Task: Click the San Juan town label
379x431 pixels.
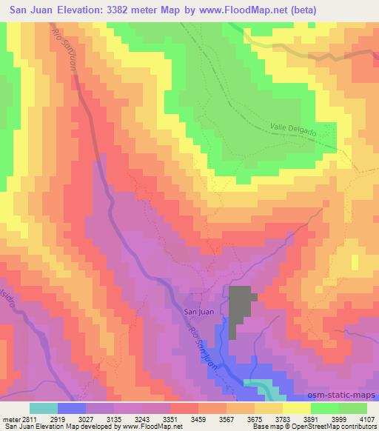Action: coord(198,312)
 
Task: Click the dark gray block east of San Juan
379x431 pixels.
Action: coord(241,311)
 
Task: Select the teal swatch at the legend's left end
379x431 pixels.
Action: coord(44,408)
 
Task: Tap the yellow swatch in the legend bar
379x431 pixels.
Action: coord(297,408)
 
